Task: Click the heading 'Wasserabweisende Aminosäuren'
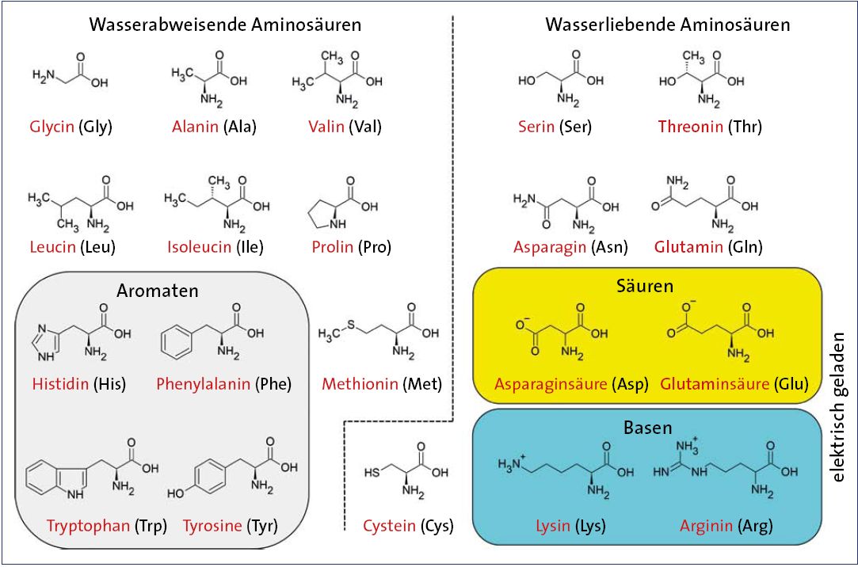tap(226, 25)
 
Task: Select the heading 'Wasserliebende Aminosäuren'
tap(668, 25)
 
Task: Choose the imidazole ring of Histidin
tap(48, 344)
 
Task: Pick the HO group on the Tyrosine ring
tap(175, 493)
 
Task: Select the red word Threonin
tap(691, 127)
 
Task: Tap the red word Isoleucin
tap(200, 247)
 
